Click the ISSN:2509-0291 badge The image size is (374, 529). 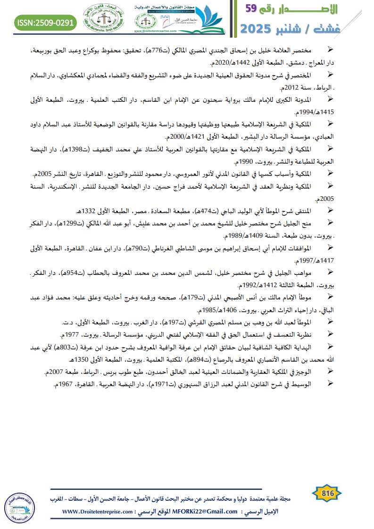pos(46,22)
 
